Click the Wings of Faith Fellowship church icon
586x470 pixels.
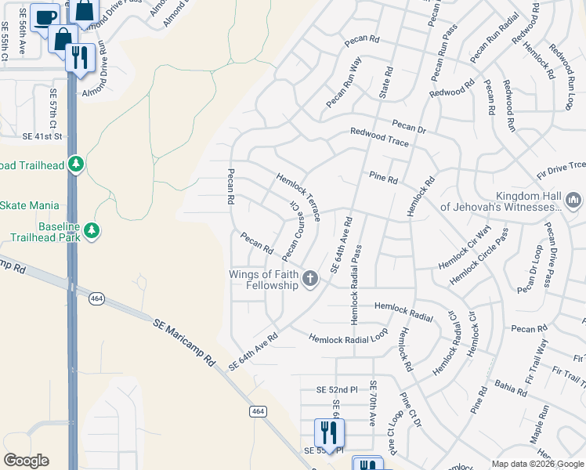tap(310, 278)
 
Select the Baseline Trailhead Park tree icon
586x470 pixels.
tap(92, 231)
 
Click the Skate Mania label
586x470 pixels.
tap(29, 205)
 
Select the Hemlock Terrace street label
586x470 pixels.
tap(298, 197)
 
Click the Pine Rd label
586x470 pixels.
tap(382, 179)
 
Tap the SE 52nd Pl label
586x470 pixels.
tap(336, 389)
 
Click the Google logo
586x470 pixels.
tap(26, 461)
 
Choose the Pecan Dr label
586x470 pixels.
tap(409, 125)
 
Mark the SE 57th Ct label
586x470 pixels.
tap(53, 109)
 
